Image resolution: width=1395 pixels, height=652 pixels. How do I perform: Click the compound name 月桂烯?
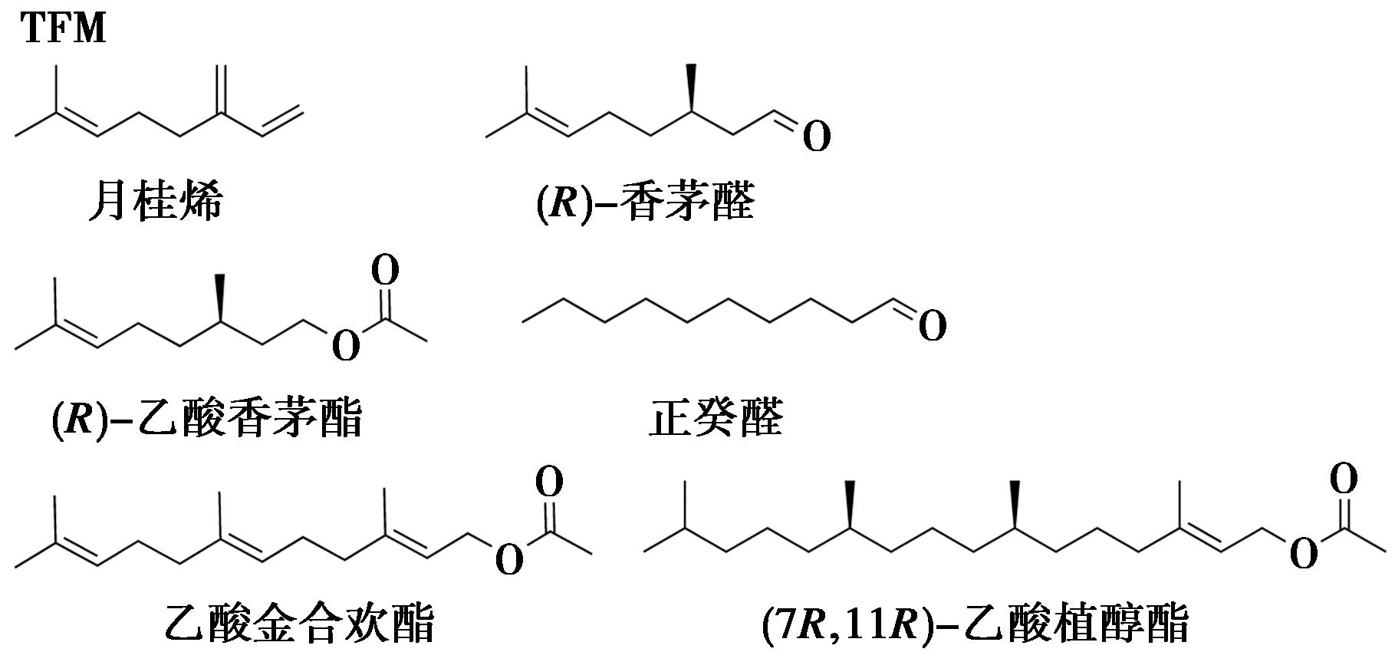(156, 202)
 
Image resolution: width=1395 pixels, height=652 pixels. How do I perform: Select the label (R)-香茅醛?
(644, 202)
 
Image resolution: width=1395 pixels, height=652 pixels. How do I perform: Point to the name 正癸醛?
(716, 419)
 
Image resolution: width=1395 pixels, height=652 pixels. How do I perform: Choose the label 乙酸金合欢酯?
(300, 623)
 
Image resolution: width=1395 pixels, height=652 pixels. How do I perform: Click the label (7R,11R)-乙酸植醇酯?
(975, 623)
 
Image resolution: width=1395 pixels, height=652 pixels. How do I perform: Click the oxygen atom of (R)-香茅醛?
(817, 138)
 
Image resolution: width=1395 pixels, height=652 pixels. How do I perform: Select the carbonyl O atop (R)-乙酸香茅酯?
(385, 272)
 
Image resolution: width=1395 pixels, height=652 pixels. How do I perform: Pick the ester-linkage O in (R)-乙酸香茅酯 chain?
(346, 347)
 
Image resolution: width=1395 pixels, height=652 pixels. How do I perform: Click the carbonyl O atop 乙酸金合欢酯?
(549, 482)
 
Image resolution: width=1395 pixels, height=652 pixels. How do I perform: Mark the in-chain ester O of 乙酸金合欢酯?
(509, 560)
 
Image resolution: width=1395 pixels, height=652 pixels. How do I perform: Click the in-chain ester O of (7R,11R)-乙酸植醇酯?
(1304, 554)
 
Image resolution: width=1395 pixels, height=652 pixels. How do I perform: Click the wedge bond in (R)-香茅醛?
(691, 87)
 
